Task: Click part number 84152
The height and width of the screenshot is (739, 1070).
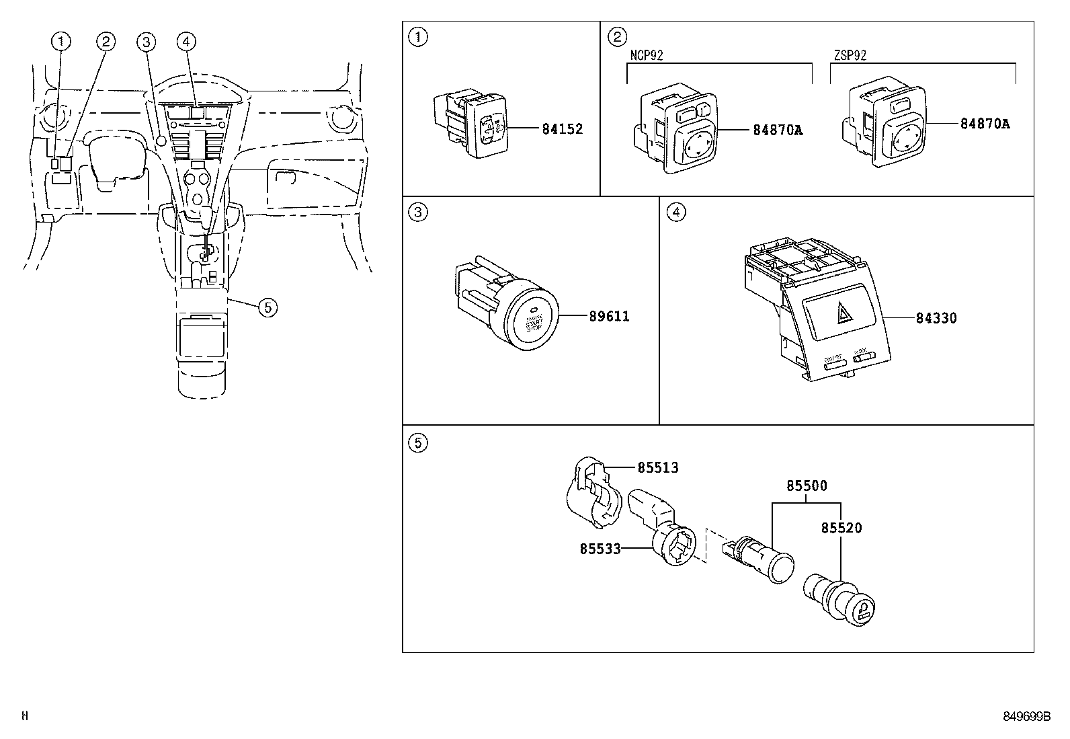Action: point(562,129)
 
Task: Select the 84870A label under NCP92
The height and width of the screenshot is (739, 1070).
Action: point(778,130)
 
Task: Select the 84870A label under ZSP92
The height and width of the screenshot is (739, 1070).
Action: point(985,124)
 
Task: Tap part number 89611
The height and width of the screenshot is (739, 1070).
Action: point(609,316)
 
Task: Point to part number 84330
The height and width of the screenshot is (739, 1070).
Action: point(936,318)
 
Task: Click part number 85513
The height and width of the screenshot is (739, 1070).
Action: point(657,467)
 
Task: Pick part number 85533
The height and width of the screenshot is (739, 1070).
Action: point(600,549)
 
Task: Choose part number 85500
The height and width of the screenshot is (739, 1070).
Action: point(807,485)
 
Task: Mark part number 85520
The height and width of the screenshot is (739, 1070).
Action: point(841,528)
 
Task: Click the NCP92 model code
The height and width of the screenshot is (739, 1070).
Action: point(646,56)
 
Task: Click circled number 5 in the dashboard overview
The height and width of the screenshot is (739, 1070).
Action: point(267,307)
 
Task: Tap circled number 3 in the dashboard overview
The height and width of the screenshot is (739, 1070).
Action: point(146,42)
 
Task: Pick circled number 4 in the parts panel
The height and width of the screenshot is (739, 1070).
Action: point(675,212)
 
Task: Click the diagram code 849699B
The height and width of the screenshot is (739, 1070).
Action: point(1026,717)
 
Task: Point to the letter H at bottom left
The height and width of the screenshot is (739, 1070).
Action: point(25,717)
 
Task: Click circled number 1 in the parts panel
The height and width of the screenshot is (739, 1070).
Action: point(417,37)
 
